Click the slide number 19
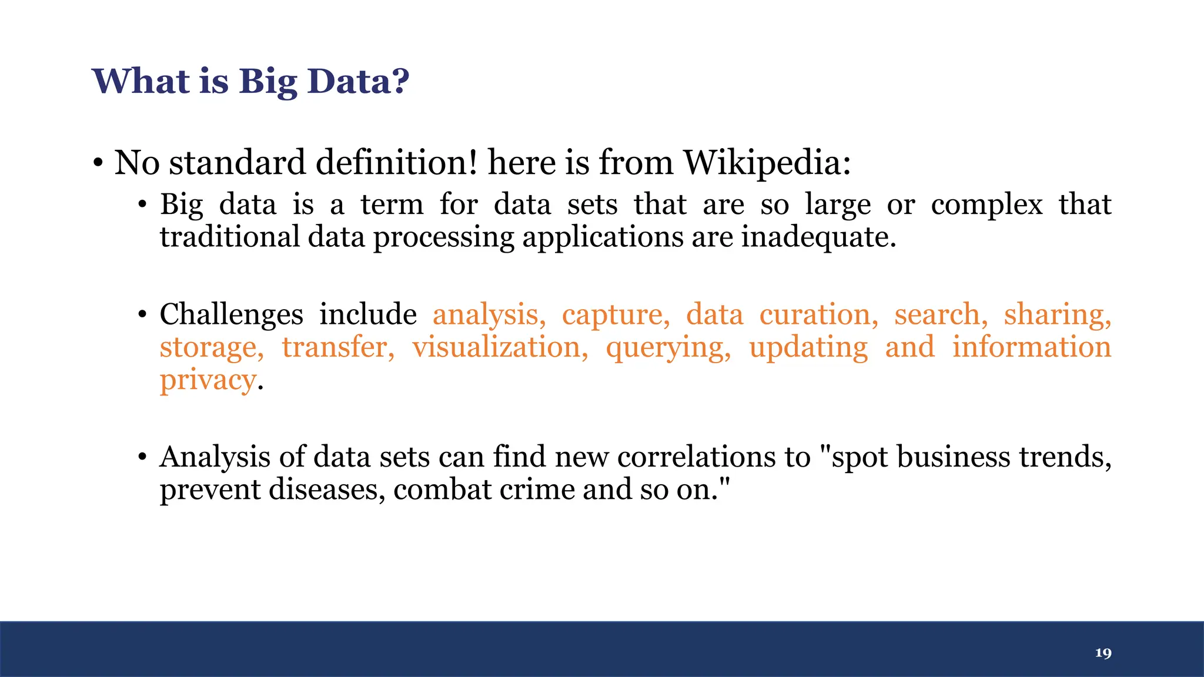pyautogui.click(x=1103, y=653)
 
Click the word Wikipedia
pyautogui.click(x=766, y=162)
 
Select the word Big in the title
pyautogui.click(x=267, y=82)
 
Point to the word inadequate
pyautogui.click(x=818, y=237)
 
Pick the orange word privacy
pyautogui.click(x=208, y=380)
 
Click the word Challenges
pyautogui.click(x=231, y=314)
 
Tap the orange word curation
pyautogui.click(x=818, y=314)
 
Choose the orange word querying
pyautogui.click(x=668, y=347)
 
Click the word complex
pyautogui.click(x=986, y=205)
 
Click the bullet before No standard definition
pyautogui.click(x=98, y=163)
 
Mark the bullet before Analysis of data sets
pyautogui.click(x=142, y=457)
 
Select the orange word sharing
pyautogui.click(x=1057, y=314)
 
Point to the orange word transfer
pyautogui.click(x=338, y=347)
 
